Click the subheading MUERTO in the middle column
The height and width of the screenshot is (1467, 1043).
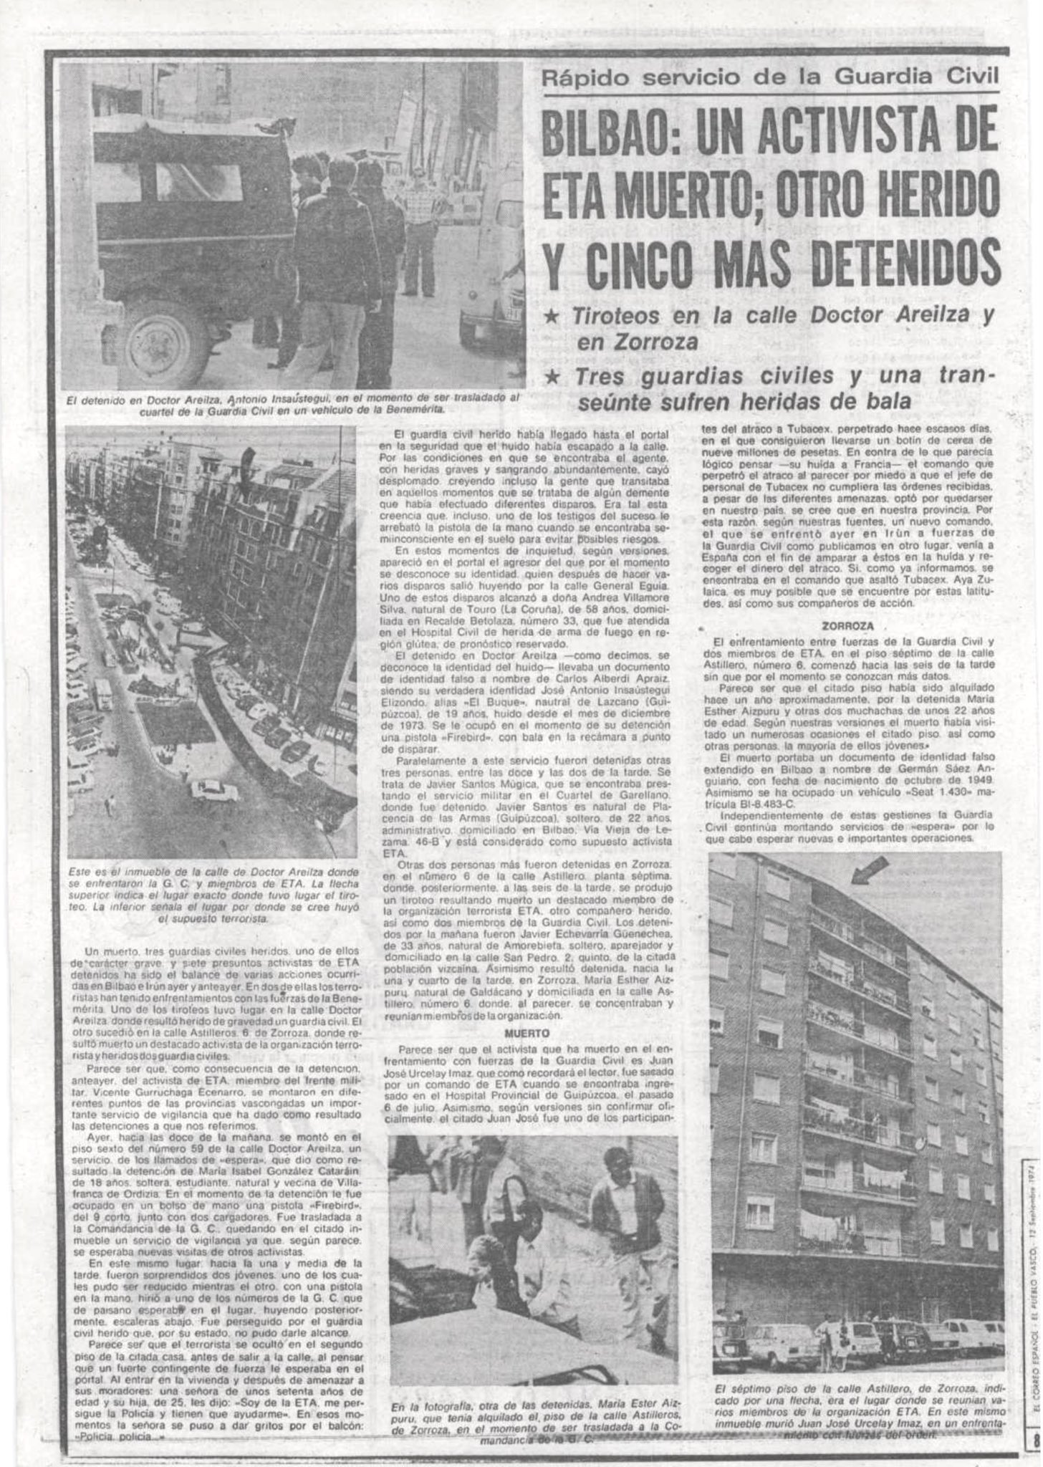527,1034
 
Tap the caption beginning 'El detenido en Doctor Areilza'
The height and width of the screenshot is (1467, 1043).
291,404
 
